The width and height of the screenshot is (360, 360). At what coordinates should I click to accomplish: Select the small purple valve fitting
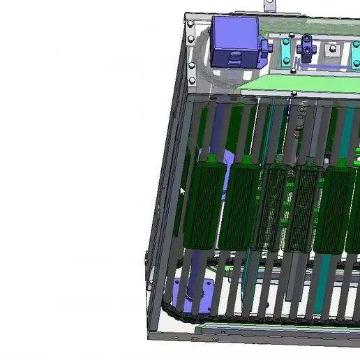pos(308,48)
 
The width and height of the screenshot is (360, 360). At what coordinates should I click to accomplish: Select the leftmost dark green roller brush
pos(205,202)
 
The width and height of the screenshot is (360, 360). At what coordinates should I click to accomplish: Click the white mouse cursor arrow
pos(183,192)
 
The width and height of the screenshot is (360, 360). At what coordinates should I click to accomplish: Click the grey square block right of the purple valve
pos(333,51)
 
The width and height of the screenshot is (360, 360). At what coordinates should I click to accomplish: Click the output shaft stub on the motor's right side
pos(265,46)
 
